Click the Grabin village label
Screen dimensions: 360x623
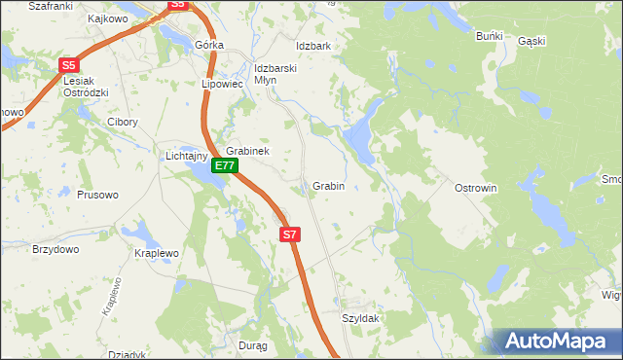coord(328,186)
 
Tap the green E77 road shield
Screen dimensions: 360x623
coord(225,165)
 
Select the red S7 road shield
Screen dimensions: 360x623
coord(290,234)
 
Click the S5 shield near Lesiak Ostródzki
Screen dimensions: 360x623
coord(68,65)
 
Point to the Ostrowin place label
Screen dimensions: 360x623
coord(476,188)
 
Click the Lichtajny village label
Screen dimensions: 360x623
coord(185,156)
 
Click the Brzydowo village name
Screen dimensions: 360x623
coord(55,249)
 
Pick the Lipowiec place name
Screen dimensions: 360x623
coord(221,84)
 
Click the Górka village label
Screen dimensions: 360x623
coord(209,46)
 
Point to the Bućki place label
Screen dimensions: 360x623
coord(489,36)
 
